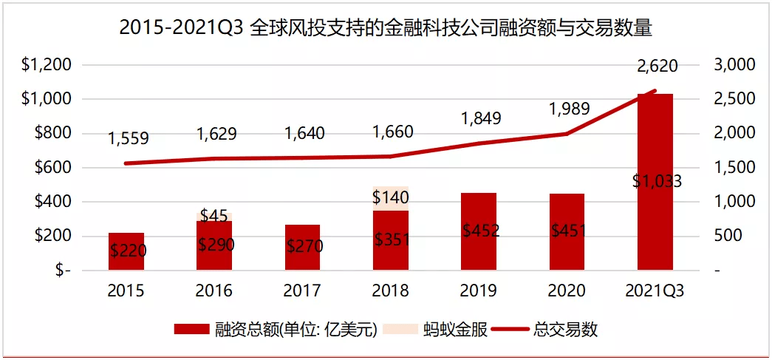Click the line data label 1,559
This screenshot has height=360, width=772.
128,138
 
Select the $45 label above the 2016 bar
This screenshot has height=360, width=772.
214,216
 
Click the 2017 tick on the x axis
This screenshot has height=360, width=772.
302,291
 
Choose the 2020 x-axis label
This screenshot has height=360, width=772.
567,291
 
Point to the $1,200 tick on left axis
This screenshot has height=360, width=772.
46,65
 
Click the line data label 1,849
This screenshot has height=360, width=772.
481,118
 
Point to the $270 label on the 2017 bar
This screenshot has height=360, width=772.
304,246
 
